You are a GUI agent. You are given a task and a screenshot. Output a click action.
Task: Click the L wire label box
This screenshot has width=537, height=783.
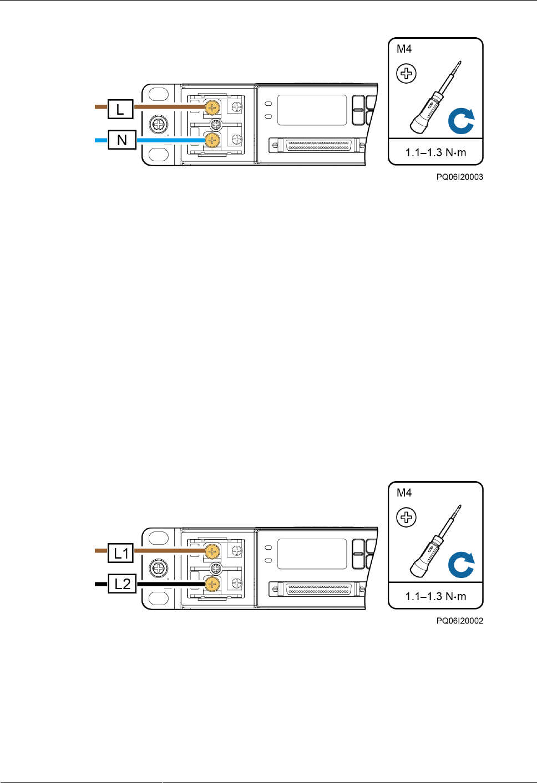coord(120,109)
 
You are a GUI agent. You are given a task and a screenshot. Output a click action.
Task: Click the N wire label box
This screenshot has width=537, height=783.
coord(122,140)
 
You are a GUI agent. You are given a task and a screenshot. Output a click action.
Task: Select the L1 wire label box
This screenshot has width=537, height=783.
coord(121,553)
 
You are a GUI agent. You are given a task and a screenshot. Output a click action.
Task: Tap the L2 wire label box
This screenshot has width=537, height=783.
coord(122,584)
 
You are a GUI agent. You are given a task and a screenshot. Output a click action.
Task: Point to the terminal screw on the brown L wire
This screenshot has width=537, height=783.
coord(212,108)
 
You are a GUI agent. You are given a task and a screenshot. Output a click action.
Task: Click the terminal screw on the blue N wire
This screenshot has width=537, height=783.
coord(212,140)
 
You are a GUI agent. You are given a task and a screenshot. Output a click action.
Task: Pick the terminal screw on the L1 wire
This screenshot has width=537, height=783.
coord(212,551)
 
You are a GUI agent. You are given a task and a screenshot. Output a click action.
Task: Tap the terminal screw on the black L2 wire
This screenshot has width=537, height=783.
coord(212,584)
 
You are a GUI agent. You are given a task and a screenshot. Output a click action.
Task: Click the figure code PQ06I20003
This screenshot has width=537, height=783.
coord(459,177)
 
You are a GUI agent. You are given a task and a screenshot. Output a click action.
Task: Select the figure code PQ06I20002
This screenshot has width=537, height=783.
coord(459,621)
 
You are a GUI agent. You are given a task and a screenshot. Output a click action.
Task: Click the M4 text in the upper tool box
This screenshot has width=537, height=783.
coord(404,49)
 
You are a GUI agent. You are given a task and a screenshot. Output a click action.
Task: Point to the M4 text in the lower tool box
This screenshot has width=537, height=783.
coord(404,493)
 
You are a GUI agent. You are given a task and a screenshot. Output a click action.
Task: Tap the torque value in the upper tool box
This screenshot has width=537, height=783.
coord(435,152)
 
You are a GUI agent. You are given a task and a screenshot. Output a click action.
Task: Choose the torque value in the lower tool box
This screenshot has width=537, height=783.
coord(435,596)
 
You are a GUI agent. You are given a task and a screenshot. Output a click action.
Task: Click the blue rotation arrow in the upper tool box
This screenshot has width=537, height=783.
coord(461,121)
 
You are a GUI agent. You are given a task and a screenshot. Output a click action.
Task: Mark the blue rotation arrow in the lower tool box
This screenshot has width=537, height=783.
coord(461,565)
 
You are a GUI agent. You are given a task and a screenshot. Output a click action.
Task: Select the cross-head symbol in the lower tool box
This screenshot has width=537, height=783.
coord(407,518)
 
